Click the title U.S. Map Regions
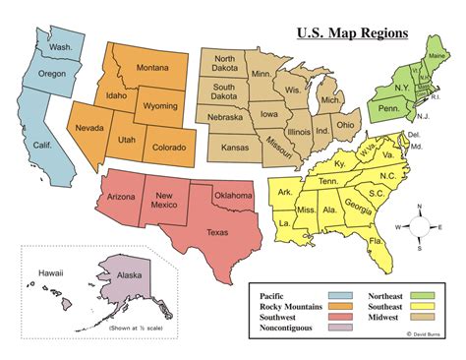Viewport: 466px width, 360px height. point(352,33)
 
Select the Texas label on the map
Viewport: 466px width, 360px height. point(218,232)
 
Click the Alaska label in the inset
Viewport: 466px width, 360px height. point(129,276)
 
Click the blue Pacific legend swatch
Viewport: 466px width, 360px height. point(341,296)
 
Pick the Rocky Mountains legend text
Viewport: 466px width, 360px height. point(292,307)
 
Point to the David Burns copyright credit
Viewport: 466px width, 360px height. point(423,334)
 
